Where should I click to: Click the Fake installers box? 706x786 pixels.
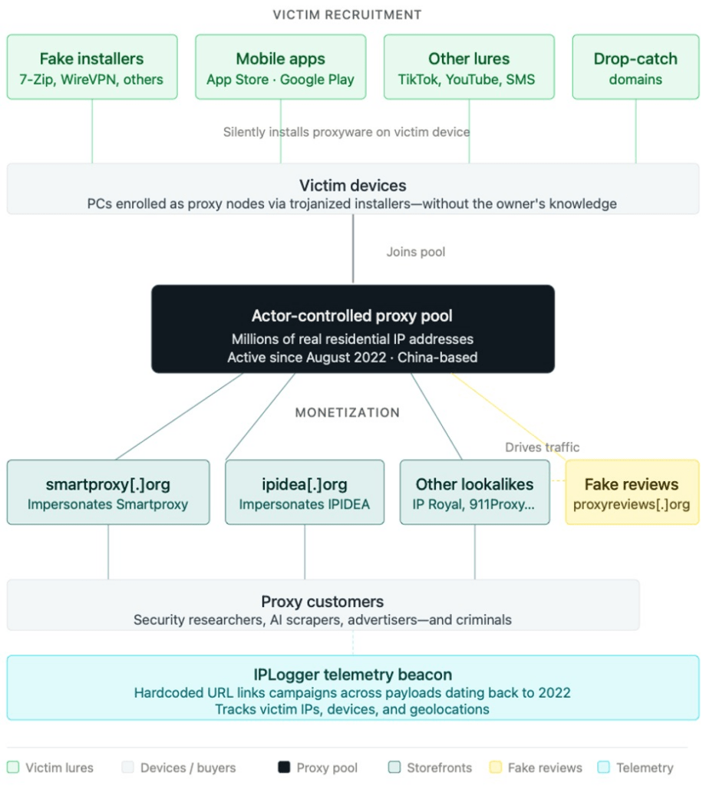pos(92,67)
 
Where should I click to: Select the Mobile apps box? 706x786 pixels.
pos(281,67)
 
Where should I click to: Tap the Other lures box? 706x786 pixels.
pos(469,67)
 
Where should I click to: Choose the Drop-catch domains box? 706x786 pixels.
pos(635,67)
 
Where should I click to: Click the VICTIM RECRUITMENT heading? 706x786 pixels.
pos(347,15)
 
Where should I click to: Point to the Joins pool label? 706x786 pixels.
pos(416,252)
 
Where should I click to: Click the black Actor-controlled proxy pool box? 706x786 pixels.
pos(353,329)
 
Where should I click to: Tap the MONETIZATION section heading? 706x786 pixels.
pos(347,412)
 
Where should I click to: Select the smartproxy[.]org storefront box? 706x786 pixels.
pos(108,492)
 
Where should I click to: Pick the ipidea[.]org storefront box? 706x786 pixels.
pos(305,492)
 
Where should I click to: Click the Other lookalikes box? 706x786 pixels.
pos(474,492)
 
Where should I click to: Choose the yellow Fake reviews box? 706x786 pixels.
pos(632,492)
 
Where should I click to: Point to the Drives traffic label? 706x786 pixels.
pos(542,447)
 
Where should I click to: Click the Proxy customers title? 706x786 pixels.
pos(322,602)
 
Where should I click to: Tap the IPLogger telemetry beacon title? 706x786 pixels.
pos(353,675)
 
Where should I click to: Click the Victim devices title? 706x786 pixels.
pos(353,186)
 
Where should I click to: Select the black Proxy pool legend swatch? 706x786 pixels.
pos(284,768)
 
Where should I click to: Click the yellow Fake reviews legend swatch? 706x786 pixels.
pos(496,768)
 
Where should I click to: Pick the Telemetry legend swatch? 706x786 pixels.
pos(604,768)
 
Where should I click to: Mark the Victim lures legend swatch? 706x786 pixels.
pos(13,768)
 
